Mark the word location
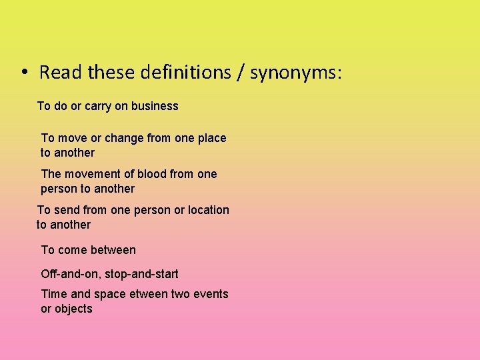208,210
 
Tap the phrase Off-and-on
70,274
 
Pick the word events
211,294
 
